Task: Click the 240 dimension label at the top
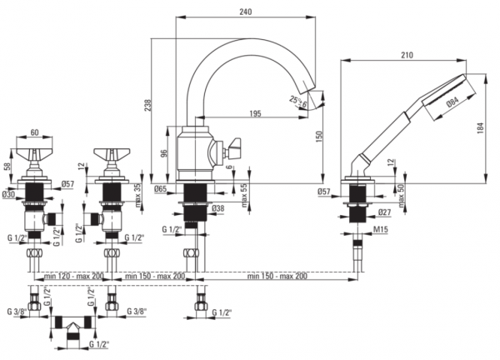click(x=246, y=12)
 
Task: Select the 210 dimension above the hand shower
click(x=407, y=55)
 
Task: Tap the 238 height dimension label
click(x=148, y=106)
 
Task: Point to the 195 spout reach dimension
click(x=255, y=113)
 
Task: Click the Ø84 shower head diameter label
click(x=452, y=102)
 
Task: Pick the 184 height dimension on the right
click(x=481, y=127)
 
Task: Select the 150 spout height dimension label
click(x=320, y=136)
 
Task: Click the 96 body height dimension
click(x=163, y=153)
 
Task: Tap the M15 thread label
click(x=382, y=229)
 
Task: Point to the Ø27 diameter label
click(x=384, y=212)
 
